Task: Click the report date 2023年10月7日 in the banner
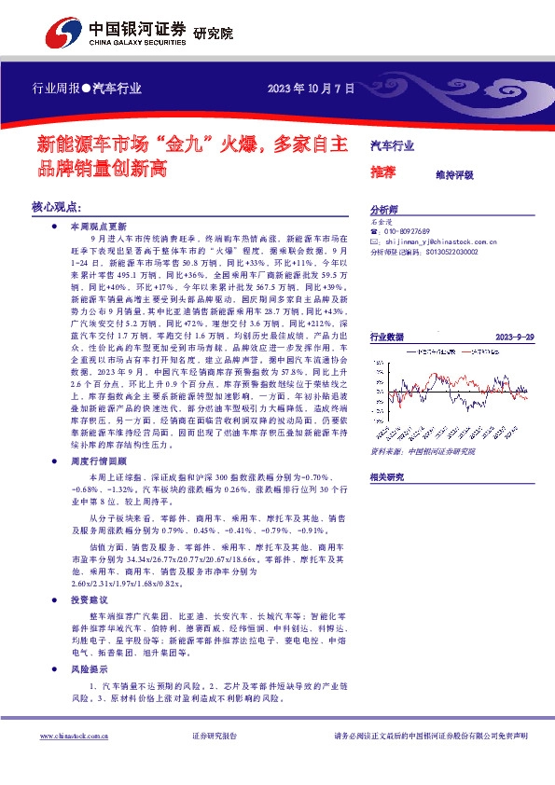pos(312,90)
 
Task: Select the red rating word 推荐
pos(382,172)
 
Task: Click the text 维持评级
pos(454,174)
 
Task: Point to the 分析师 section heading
pos(383,211)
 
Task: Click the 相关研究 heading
pos(386,476)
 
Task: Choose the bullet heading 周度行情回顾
pos(97,461)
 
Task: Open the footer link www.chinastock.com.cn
pos(76,737)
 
